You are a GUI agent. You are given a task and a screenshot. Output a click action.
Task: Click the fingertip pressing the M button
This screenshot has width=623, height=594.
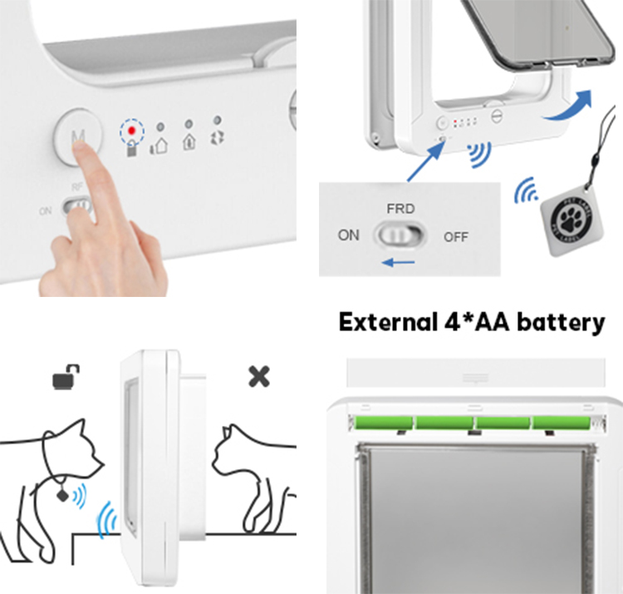coord(82,147)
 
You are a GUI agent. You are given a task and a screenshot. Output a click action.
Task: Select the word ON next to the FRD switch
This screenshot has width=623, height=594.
coord(349,235)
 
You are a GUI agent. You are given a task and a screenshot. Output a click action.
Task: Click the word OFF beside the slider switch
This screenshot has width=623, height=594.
coord(456,236)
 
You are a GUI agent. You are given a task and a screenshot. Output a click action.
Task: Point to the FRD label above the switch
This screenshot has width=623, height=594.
coord(400,208)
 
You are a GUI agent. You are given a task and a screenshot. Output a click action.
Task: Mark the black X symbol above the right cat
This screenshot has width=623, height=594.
coord(259,377)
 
